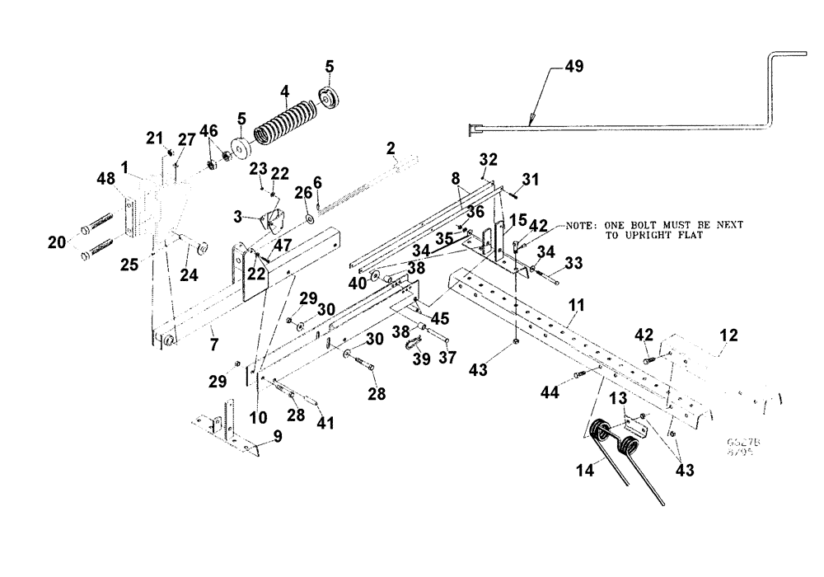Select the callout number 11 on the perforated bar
(x=577, y=306)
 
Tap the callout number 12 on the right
(x=728, y=335)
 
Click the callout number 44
(x=550, y=393)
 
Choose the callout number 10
(x=259, y=419)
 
